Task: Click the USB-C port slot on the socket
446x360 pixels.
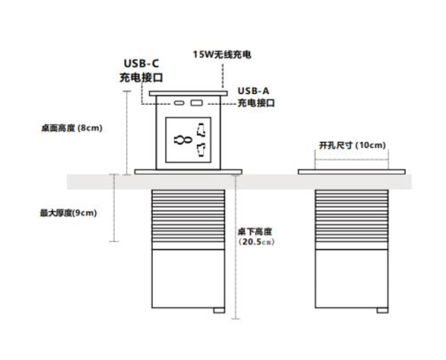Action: click(179, 103)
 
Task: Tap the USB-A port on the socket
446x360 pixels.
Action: click(196, 103)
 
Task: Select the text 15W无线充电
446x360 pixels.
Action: click(222, 55)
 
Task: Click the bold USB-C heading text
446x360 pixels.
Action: click(141, 64)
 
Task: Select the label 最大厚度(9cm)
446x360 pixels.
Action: click(69, 212)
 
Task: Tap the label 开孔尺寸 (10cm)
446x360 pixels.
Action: click(352, 145)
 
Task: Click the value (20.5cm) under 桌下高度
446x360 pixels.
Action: click(257, 242)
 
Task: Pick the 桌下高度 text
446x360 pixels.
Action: click(255, 232)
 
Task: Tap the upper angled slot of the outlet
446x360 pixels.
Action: click(201, 129)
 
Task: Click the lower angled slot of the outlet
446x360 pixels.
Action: click(201, 150)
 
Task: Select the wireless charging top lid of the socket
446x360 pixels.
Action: click(188, 92)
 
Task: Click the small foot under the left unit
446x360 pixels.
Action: click(219, 311)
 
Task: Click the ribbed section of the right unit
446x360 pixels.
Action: click(351, 218)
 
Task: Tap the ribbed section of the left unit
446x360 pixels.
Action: click(188, 218)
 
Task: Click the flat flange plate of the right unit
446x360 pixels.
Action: click(351, 171)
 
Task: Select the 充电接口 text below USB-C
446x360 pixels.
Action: click(141, 77)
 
